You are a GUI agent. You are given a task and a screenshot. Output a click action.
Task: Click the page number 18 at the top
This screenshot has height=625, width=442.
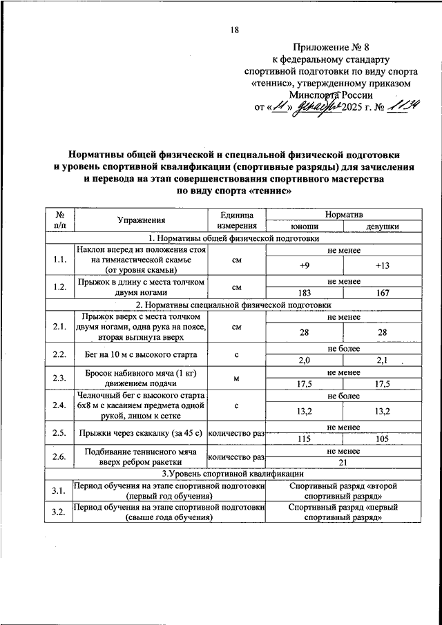point(234,30)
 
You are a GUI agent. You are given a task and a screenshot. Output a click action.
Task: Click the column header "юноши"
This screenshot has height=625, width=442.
point(304,226)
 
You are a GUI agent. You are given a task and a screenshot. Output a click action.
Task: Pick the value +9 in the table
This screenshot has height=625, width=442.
point(304,265)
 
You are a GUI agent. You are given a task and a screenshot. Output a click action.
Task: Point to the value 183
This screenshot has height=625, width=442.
point(304,293)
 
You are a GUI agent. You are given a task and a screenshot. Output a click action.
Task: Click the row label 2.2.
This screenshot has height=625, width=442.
point(59,355)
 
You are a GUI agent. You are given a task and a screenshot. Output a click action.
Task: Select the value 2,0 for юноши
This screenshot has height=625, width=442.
point(304,360)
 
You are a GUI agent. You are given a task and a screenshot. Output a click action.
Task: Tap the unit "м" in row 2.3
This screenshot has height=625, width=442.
point(236,378)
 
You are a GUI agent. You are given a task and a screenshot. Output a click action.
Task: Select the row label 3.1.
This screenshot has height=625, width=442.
point(59,491)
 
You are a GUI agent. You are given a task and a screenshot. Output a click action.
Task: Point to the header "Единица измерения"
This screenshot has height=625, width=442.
point(236,220)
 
